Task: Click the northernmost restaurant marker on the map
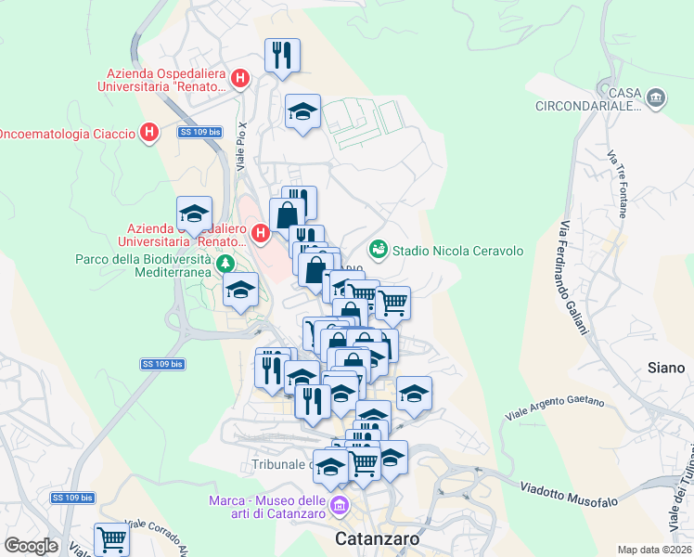pyautogui.click(x=281, y=55)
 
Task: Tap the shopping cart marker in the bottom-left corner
pyautogui.click(x=111, y=538)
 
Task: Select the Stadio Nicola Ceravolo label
pyautogui.click(x=457, y=251)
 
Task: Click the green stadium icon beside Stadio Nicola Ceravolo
pyautogui.click(x=378, y=250)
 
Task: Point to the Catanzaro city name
pyautogui.click(x=377, y=538)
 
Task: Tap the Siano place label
pyautogui.click(x=665, y=369)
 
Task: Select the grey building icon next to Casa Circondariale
pyautogui.click(x=656, y=98)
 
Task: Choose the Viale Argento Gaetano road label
pyautogui.click(x=555, y=407)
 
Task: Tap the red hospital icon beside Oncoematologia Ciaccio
pyautogui.click(x=148, y=134)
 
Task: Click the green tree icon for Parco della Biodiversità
pyautogui.click(x=225, y=266)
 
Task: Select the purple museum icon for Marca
pyautogui.click(x=340, y=506)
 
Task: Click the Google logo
pyautogui.click(x=31, y=545)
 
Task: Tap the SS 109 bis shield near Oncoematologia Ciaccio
pyautogui.click(x=200, y=133)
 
